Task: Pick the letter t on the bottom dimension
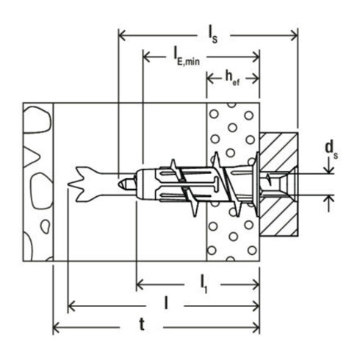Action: tap(152, 323)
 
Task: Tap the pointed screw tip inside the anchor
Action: tap(126, 179)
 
